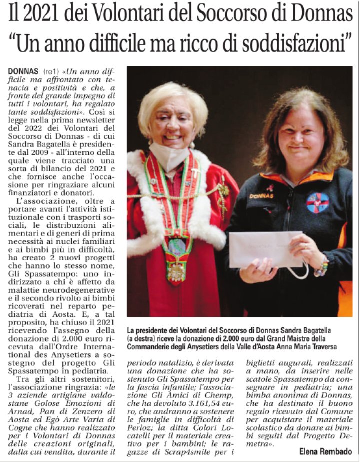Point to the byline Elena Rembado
(x=325, y=451)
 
